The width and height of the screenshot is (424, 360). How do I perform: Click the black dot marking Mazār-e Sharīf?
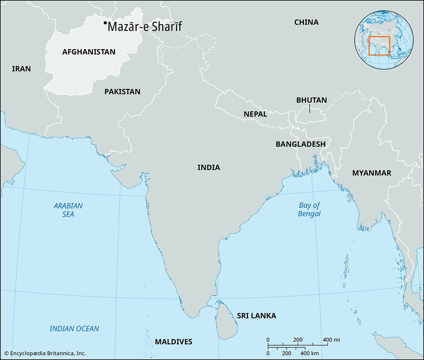105,24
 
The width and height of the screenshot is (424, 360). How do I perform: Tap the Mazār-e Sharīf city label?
145,27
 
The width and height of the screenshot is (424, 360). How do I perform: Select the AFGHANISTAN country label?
89,52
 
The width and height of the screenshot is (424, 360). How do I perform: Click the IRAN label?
21,69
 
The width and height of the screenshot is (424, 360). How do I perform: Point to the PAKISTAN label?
122,91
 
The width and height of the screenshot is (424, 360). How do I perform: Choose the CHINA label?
306,22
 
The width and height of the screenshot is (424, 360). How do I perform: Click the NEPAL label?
255,114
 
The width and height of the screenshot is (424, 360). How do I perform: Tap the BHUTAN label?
311,100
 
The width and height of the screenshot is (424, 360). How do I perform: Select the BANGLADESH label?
300,144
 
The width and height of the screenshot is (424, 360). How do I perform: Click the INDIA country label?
209,167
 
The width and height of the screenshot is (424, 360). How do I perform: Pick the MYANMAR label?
371,173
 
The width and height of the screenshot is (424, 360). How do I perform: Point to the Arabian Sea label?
68,210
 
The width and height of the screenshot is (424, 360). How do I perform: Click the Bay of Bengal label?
309,209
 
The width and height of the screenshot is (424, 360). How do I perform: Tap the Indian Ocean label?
74,329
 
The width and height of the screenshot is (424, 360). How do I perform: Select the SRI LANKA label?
257,316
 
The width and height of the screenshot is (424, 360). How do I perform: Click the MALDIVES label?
173,342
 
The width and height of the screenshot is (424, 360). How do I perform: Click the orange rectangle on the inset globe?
379,46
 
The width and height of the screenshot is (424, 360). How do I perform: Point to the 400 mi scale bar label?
331,340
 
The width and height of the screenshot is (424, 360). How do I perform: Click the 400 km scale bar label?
310,353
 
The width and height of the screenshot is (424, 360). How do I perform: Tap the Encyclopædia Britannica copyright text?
45,353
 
